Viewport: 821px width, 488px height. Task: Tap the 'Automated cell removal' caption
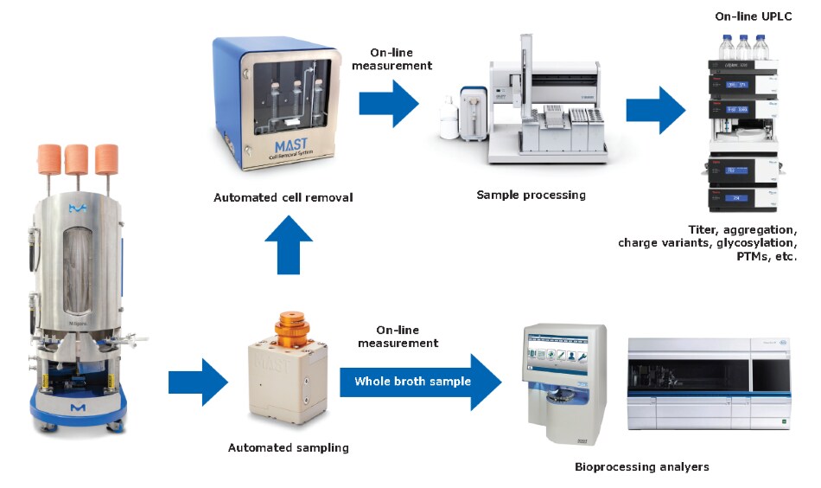tap(283, 197)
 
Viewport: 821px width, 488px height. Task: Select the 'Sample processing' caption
tap(531, 195)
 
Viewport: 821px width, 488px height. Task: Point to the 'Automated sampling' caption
tap(289, 447)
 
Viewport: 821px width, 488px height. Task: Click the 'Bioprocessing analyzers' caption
tap(641, 466)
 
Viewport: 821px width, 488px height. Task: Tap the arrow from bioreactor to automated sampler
tap(198, 382)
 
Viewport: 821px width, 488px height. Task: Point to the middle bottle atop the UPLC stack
tap(743, 46)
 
